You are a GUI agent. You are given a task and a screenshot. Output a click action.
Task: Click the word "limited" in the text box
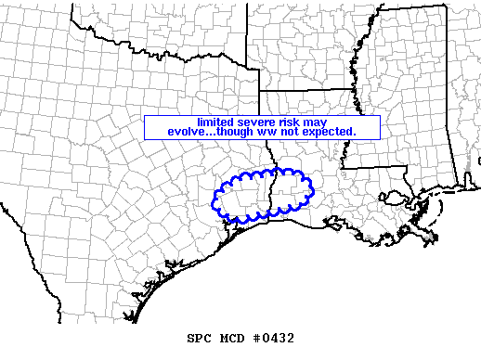[x=214, y=122]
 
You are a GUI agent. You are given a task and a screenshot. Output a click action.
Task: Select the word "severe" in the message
[x=255, y=122]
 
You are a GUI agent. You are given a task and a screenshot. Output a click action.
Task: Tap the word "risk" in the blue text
[x=289, y=122]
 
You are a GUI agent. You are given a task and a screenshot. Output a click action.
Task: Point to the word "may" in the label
[x=314, y=122]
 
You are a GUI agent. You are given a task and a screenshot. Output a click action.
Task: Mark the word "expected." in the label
[x=327, y=132]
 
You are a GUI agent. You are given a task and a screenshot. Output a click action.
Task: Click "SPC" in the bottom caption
[x=200, y=338]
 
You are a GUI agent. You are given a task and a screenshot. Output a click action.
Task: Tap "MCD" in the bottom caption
[x=232, y=338]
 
